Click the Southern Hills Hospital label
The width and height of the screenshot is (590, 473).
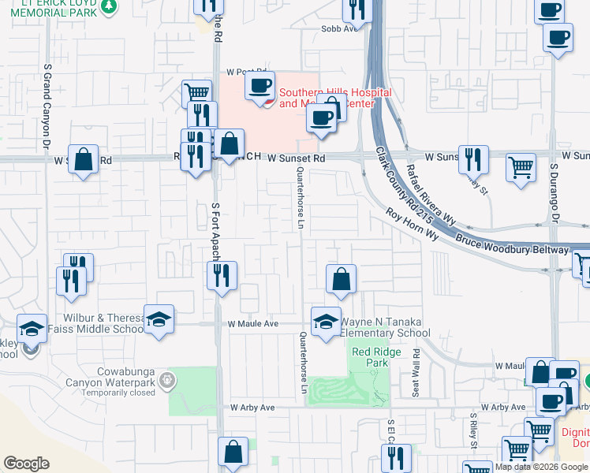point(335,98)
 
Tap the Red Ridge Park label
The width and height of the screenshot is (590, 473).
point(370,357)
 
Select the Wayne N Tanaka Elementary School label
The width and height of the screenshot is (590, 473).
point(386,327)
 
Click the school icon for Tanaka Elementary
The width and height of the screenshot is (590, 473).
point(324,321)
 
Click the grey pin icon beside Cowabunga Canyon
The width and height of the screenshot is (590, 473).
point(166,382)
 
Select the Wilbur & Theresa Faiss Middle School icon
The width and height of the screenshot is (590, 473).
point(159,319)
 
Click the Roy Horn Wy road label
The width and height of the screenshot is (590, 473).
point(411,223)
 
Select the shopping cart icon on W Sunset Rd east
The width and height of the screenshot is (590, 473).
point(520,167)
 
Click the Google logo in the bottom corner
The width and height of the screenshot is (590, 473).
point(26,464)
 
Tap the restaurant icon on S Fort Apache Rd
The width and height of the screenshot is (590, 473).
point(222,276)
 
